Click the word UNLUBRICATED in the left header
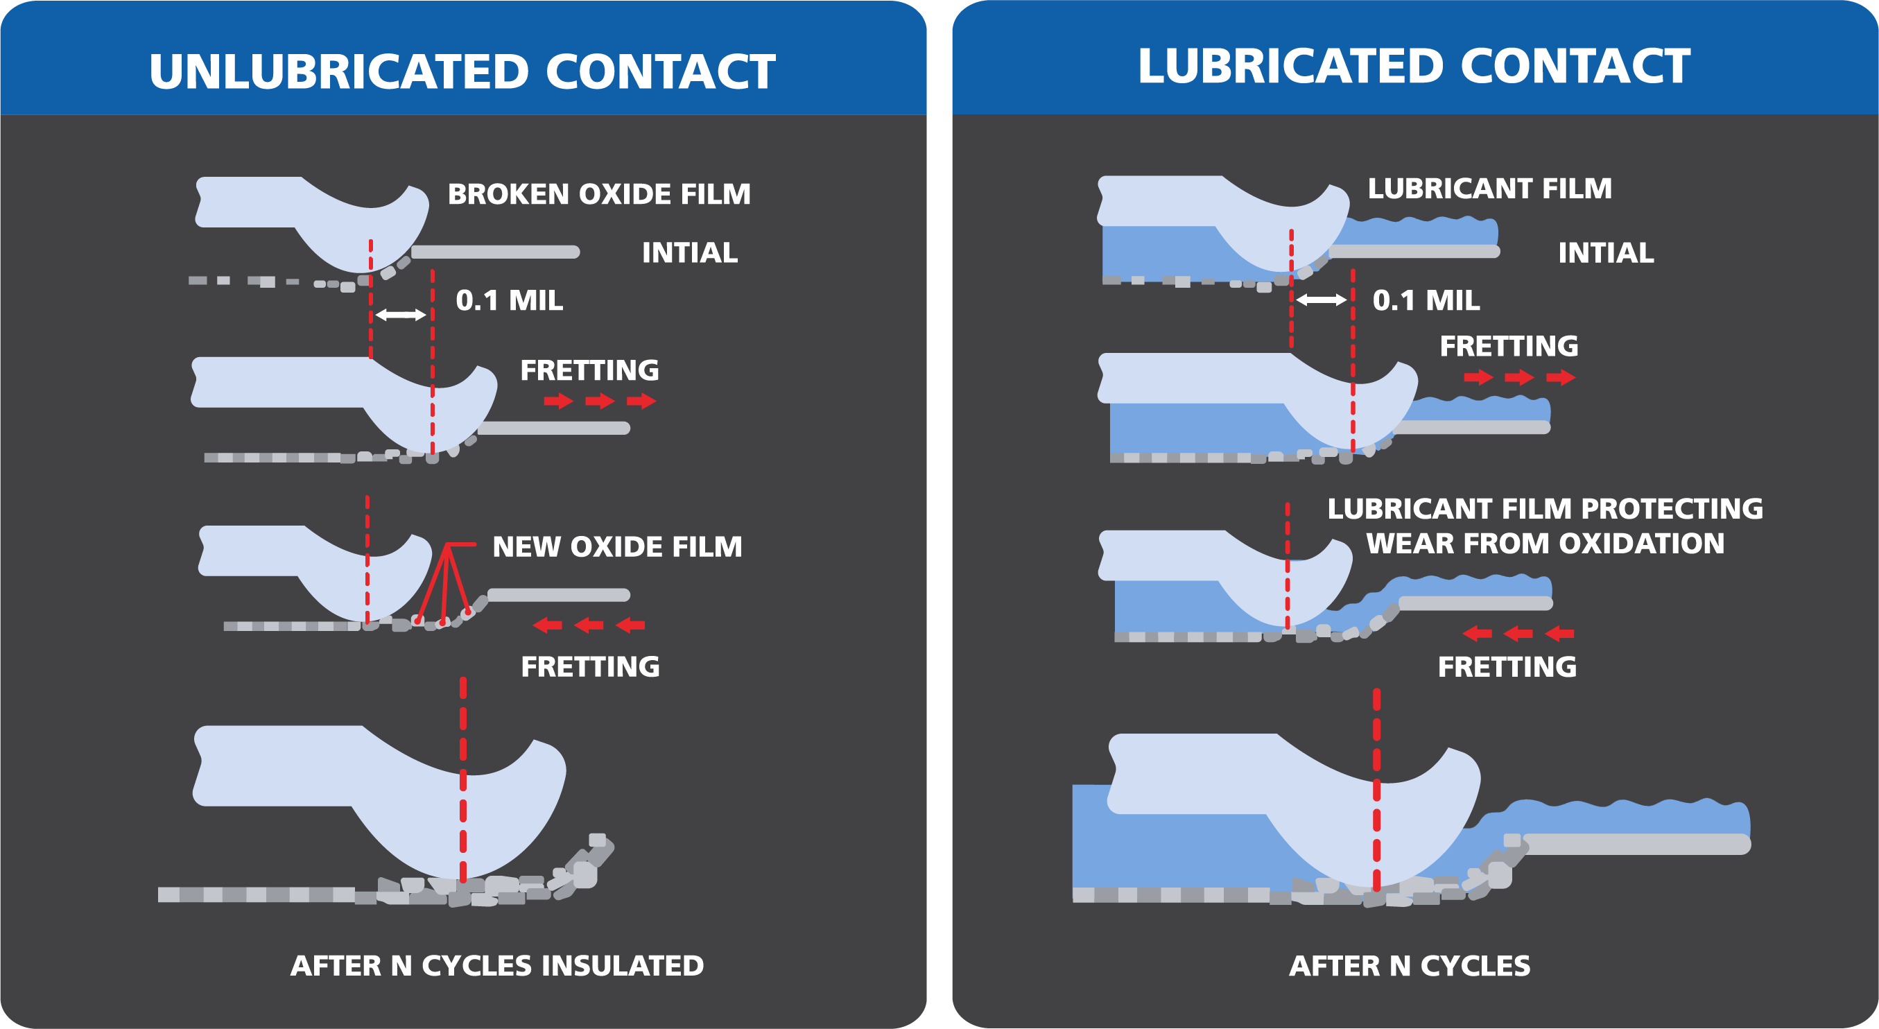338,71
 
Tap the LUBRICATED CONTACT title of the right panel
1414,67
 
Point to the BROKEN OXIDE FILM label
599,194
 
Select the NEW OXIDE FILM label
617,546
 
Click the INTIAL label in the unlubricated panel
689,253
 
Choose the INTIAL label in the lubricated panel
1605,253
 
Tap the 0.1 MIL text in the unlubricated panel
509,300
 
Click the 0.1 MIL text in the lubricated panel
1426,300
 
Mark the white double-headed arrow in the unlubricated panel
401,315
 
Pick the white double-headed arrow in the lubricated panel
1321,300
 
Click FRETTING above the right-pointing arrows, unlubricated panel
589,370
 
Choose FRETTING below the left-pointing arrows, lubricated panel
1507,666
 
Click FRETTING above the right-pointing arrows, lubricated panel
1509,346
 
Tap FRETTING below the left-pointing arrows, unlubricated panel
590,666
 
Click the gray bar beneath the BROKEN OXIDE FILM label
495,252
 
